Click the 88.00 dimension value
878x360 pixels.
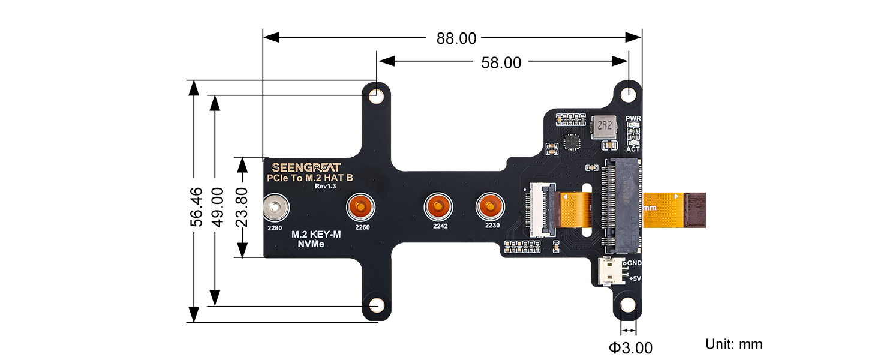coord(456,38)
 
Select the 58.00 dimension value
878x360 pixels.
coord(501,62)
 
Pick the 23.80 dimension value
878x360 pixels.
coord(241,207)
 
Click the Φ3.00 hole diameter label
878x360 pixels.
coord(630,347)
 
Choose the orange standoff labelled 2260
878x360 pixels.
coord(362,208)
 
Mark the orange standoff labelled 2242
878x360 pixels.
coord(438,208)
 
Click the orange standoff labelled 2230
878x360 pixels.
coord(491,208)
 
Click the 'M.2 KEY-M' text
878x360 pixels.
coord(316,235)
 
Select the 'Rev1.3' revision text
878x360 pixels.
coord(324,186)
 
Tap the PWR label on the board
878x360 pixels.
coord(633,118)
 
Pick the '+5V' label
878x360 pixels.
coord(635,278)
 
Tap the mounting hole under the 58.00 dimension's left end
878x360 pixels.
coord(377,96)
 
